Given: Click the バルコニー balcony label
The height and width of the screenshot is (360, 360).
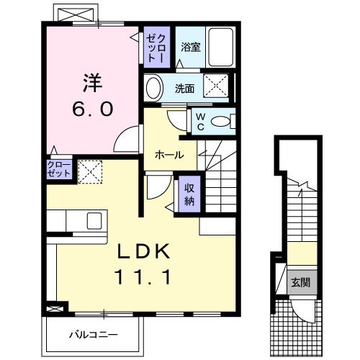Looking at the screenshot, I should [94, 335].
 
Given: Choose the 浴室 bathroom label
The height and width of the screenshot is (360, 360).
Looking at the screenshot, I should [190, 47].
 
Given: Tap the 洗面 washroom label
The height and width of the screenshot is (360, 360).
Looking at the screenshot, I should [185, 89].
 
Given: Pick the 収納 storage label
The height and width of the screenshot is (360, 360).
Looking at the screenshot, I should [189, 194].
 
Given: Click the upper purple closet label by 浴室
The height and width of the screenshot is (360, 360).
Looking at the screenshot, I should [158, 48].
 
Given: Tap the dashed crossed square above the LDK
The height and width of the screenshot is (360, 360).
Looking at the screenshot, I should [89, 170].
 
